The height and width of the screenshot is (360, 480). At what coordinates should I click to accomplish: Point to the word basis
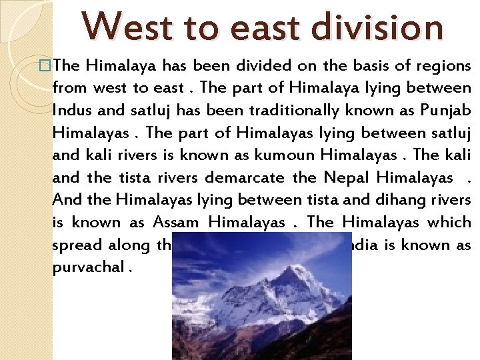pos(346,65)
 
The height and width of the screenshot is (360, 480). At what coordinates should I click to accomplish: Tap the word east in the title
pos(253,27)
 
